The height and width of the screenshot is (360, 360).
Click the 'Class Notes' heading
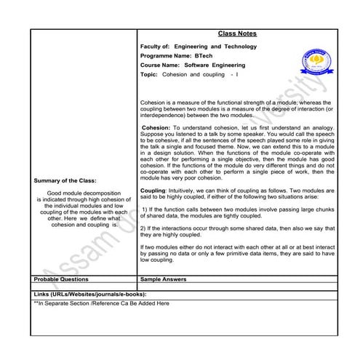(236, 33)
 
